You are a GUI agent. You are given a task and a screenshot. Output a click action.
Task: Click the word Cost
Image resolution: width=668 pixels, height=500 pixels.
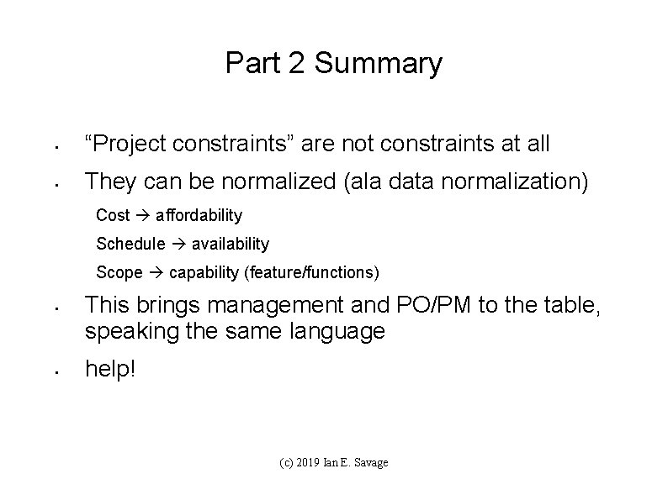pos(113,215)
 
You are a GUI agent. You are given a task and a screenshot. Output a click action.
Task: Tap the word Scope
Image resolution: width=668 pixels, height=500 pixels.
pos(119,272)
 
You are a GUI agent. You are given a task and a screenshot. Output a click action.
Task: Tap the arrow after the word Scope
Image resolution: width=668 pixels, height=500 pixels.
pos(156,273)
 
